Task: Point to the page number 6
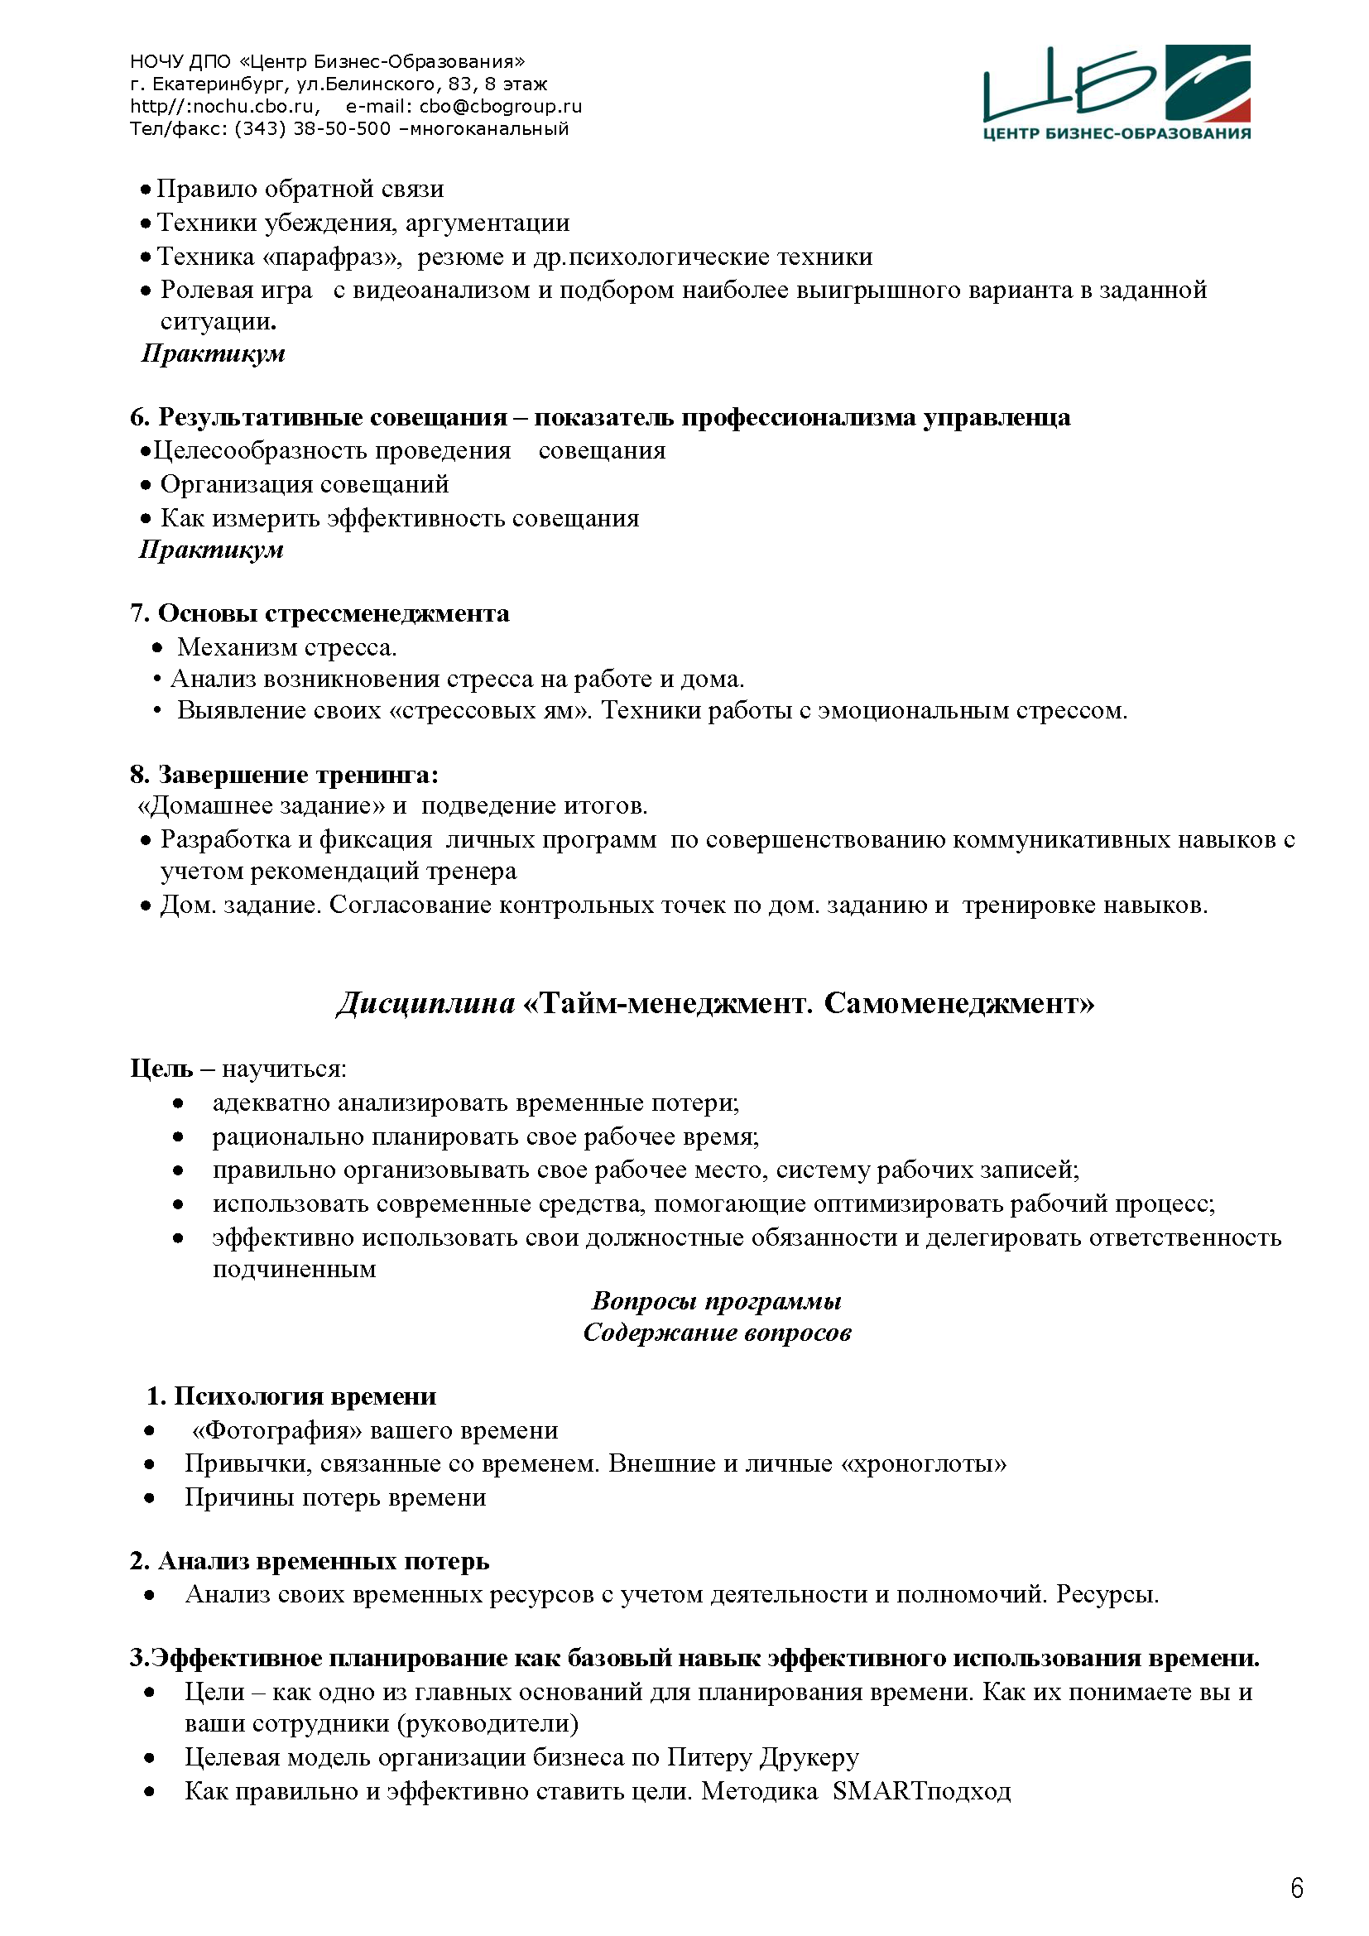[1296, 1887]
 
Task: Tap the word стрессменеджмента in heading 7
[387, 614]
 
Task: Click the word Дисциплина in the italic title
[425, 1003]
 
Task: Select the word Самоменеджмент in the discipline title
[958, 1003]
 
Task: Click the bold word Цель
[161, 1069]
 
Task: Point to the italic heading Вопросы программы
[717, 1300]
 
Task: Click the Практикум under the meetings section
[212, 550]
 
